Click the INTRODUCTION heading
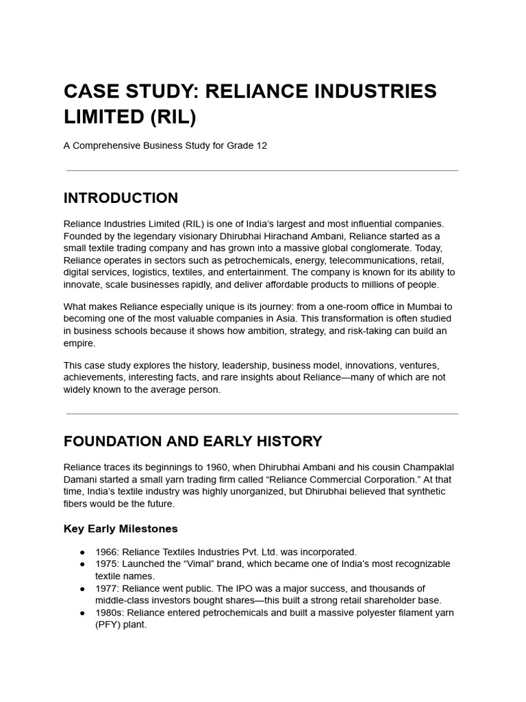[x=121, y=198]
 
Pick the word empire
[x=79, y=343]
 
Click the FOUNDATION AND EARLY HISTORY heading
[x=192, y=441]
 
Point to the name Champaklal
[x=425, y=467]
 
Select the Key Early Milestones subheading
[x=121, y=529]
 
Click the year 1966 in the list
[x=105, y=552]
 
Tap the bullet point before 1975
[x=82, y=564]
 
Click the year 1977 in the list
[x=105, y=588]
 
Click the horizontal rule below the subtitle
[x=262, y=170]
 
